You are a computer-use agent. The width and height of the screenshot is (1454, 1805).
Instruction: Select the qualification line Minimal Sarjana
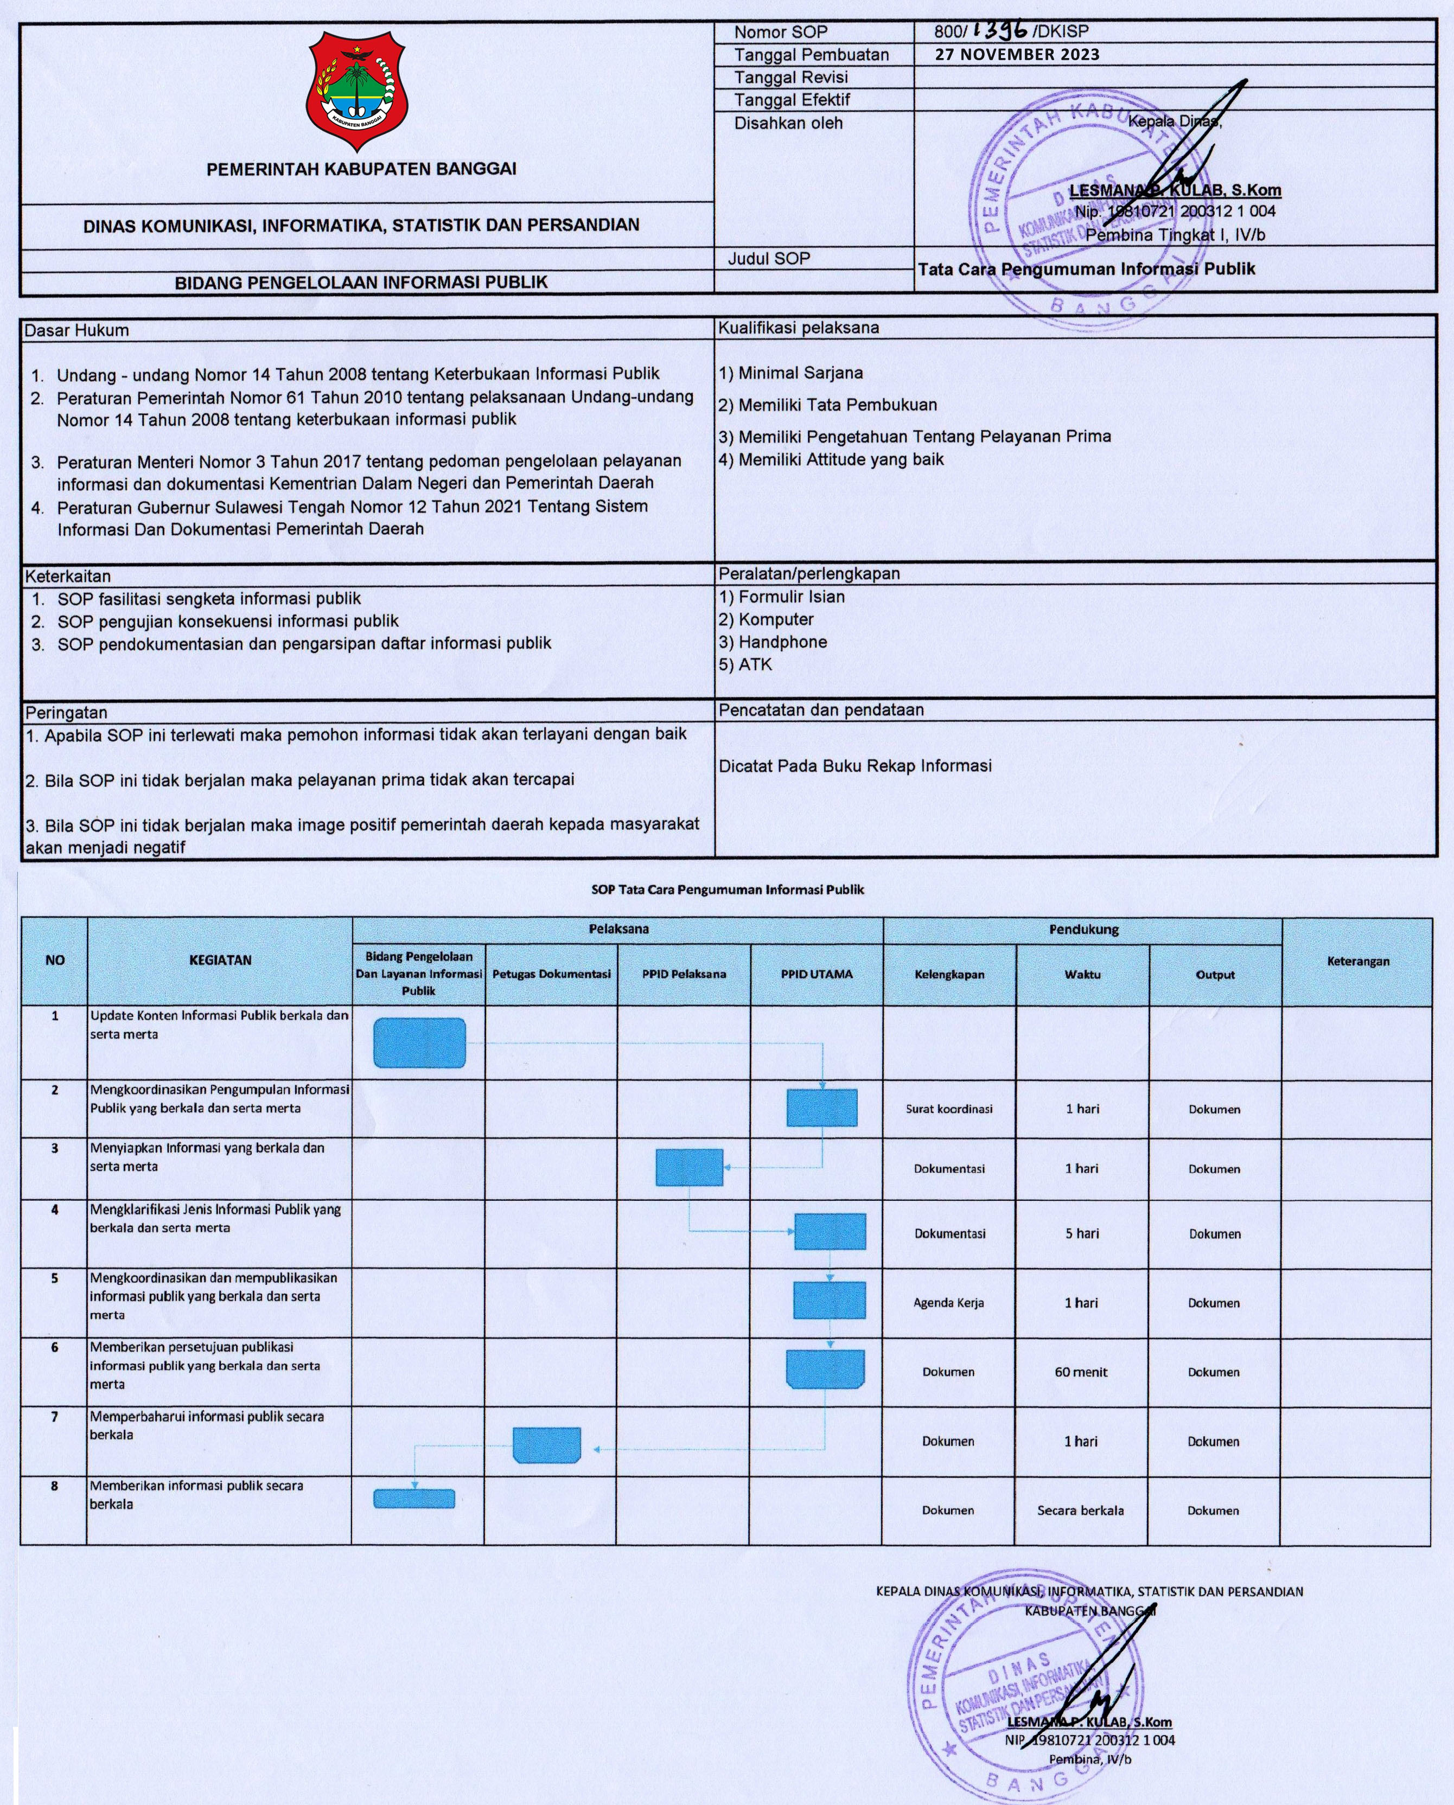[x=790, y=373]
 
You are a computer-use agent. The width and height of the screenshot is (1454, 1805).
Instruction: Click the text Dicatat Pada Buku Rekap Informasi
[x=855, y=766]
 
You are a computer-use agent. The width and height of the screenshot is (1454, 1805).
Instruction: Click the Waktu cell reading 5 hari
[x=1082, y=1233]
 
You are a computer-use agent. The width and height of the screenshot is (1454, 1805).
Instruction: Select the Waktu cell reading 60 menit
[x=1081, y=1372]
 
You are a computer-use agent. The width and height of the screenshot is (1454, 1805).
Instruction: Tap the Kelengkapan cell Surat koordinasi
[x=949, y=1109]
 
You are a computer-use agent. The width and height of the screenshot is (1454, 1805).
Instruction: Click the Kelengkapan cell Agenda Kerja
[x=949, y=1303]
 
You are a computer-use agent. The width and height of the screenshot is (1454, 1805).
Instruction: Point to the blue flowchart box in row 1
[x=419, y=1043]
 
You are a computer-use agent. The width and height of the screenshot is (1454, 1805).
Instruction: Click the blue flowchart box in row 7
[x=547, y=1444]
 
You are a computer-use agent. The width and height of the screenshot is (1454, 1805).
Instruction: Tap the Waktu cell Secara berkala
[x=1080, y=1511]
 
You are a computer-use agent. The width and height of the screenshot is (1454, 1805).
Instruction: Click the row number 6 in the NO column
[x=54, y=1348]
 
